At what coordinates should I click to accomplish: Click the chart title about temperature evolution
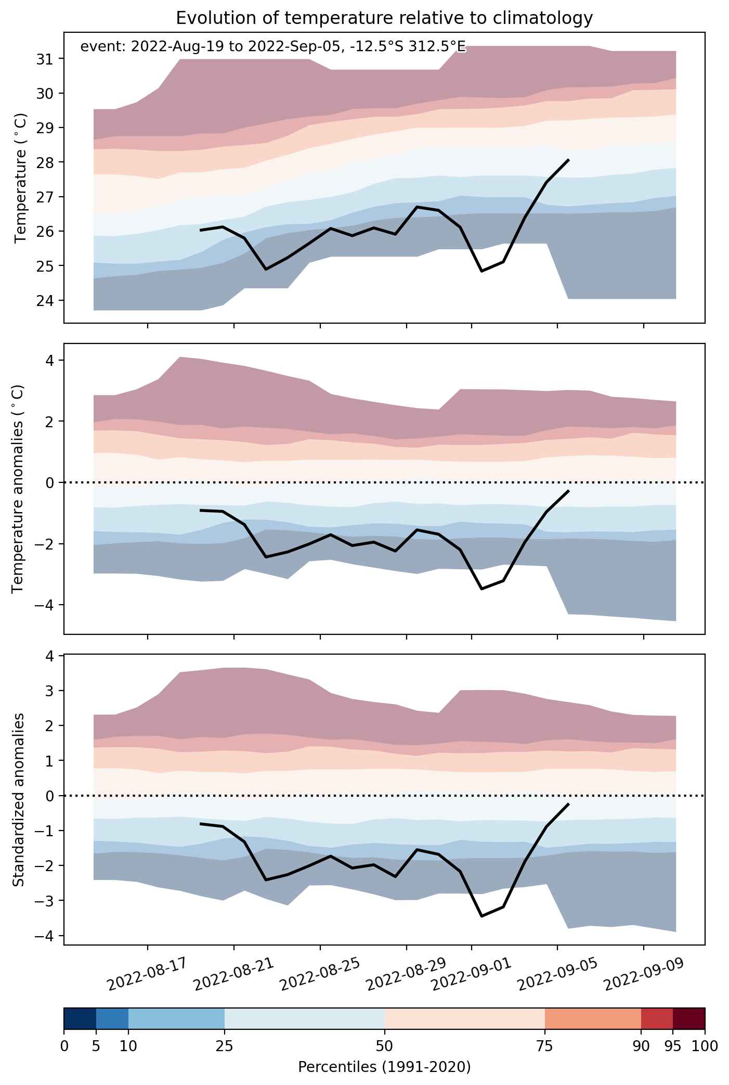(384, 18)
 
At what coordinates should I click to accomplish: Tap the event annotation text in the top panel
(273, 47)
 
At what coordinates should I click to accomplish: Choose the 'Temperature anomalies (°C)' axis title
(18, 489)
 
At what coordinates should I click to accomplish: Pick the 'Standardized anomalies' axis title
(18, 799)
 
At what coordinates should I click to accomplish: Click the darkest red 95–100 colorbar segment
(689, 1018)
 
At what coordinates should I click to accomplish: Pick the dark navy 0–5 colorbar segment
(80, 1018)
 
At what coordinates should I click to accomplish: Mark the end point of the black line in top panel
(568, 160)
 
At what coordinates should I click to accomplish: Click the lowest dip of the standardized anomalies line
(482, 916)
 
